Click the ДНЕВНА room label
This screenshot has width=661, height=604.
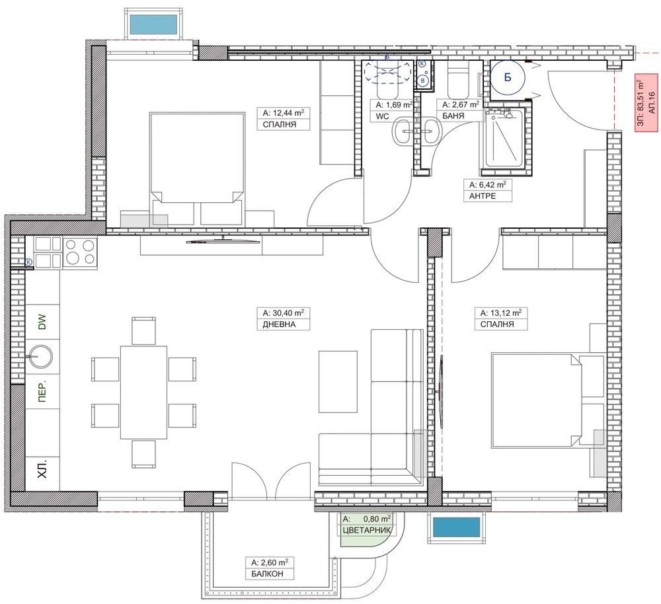(x=279, y=324)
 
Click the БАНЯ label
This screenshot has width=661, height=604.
(x=453, y=116)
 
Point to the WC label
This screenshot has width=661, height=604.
(x=382, y=116)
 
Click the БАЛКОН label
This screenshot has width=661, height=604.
(x=267, y=574)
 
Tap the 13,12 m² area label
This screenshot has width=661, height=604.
(x=501, y=313)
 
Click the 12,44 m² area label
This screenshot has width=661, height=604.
(x=284, y=113)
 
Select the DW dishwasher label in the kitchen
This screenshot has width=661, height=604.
(x=42, y=322)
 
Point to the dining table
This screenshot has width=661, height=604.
(x=143, y=393)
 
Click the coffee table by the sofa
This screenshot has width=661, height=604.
(x=338, y=381)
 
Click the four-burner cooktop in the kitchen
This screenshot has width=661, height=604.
(x=80, y=252)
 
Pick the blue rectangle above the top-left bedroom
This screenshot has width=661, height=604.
(x=153, y=24)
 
